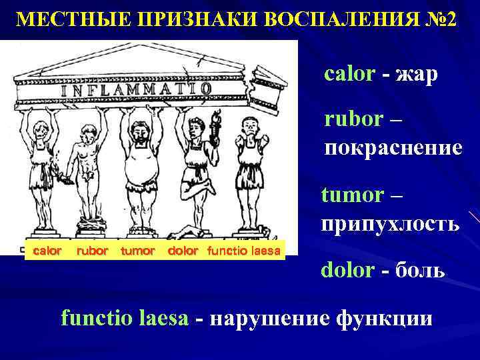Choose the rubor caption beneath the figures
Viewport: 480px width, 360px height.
(x=91, y=251)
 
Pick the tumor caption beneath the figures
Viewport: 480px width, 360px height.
(x=138, y=251)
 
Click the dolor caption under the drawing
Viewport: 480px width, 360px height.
(x=183, y=251)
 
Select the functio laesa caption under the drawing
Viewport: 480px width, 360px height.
(x=245, y=251)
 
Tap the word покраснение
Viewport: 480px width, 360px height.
(x=393, y=147)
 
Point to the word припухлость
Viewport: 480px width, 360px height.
(x=390, y=223)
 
